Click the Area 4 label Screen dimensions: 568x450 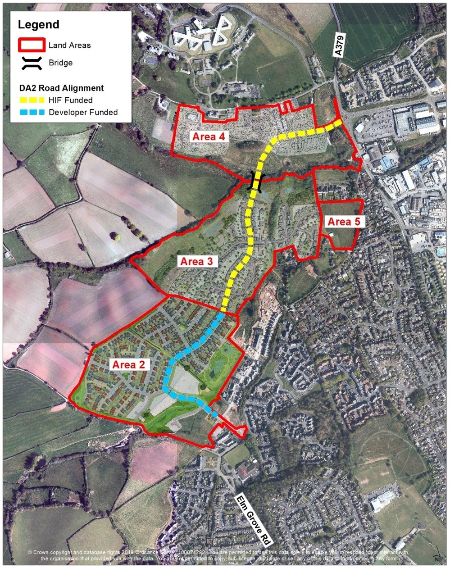click(209, 136)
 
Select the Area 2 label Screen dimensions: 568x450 click(128, 364)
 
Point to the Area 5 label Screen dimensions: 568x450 click(345, 222)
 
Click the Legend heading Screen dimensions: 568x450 click(38, 25)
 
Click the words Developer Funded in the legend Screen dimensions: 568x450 click(83, 112)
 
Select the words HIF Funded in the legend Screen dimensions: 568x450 click(70, 100)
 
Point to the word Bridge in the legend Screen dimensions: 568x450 click(60, 63)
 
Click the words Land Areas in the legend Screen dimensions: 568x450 click(69, 45)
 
